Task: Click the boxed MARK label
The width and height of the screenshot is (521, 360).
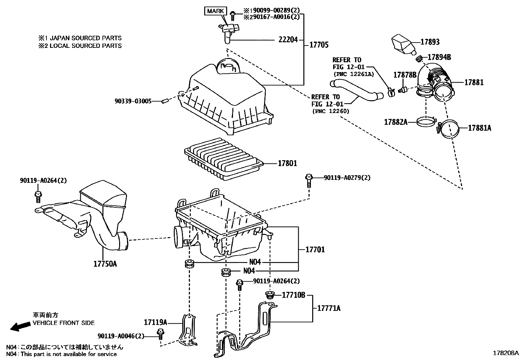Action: (x=216, y=11)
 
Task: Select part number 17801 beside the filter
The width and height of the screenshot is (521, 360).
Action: (x=287, y=163)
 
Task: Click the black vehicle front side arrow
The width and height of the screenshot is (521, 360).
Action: (x=18, y=326)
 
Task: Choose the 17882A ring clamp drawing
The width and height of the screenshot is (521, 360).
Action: (x=426, y=122)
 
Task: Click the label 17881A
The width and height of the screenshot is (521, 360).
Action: (x=479, y=128)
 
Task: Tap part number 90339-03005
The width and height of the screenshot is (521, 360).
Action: (x=133, y=102)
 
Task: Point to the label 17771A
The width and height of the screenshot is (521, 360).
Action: (x=329, y=308)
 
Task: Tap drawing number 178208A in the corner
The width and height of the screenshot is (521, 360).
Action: (x=506, y=353)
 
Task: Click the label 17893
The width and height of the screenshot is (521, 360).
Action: (x=430, y=42)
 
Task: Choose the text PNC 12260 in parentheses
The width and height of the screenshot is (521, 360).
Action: (x=331, y=111)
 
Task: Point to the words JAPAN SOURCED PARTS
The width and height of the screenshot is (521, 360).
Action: (x=85, y=38)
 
